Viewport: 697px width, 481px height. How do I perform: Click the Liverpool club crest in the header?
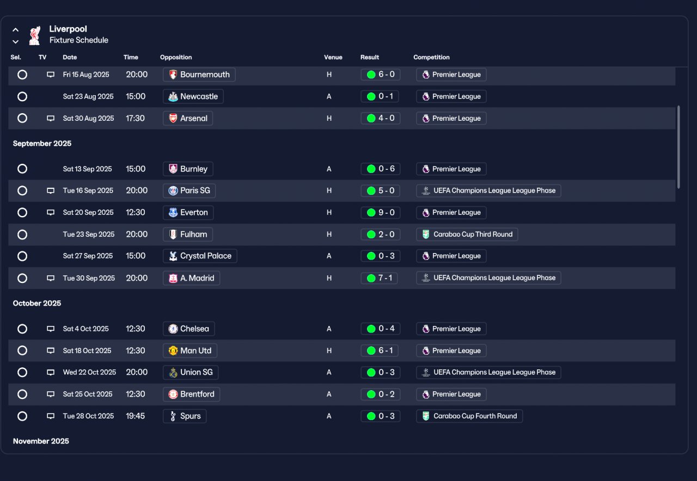[x=34, y=35]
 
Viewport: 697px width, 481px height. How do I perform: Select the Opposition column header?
[x=176, y=57]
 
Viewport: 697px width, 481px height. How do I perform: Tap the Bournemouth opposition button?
[x=199, y=75]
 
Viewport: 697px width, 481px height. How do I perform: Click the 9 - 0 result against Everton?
[x=380, y=213]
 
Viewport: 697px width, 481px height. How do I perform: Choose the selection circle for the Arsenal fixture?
[x=22, y=118]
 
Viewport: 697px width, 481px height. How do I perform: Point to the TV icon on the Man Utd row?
[x=51, y=351]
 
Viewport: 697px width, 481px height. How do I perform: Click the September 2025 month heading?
[x=42, y=143]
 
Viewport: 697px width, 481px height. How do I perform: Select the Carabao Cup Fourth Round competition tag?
[x=469, y=416]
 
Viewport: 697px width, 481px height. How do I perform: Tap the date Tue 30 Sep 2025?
[x=89, y=278]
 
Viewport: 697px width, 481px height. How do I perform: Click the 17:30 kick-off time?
[x=136, y=118]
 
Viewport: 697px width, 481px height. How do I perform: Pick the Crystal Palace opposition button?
[x=200, y=256]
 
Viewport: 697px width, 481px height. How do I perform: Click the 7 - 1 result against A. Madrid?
[x=379, y=278]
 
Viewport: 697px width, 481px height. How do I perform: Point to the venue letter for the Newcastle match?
[x=329, y=96]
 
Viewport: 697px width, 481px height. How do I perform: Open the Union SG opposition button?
[x=191, y=372]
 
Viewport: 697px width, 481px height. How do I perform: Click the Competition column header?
[x=431, y=57]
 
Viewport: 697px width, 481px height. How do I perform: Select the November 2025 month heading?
[x=41, y=441]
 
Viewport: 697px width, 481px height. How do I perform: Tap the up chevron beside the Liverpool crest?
[x=16, y=30]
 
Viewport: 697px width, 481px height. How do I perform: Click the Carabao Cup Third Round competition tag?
[x=467, y=235]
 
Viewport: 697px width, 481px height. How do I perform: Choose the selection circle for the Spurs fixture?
[x=22, y=416]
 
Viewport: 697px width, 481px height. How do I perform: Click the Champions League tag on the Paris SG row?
[x=488, y=190]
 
